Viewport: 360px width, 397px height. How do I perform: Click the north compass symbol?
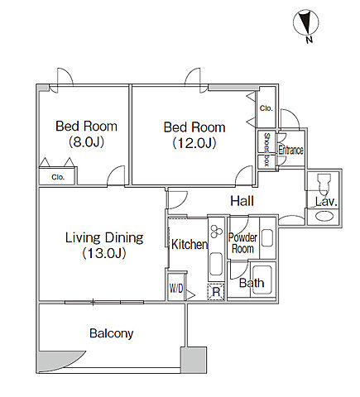[305, 22]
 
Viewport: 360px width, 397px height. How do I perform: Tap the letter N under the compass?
[310, 40]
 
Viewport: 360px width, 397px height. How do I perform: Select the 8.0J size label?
[86, 142]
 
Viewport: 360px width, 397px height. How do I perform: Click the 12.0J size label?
[194, 143]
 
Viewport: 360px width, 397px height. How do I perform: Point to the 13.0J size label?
[104, 253]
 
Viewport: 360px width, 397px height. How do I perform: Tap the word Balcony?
[112, 333]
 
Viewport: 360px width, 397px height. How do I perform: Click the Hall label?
[242, 201]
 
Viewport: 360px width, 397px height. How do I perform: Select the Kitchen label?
[190, 244]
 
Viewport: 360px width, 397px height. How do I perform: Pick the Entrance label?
[290, 151]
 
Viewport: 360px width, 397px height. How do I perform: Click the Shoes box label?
[266, 150]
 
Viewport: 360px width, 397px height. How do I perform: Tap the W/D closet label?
[176, 289]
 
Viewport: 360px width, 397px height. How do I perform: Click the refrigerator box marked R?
[216, 292]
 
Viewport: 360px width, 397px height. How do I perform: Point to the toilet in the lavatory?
[323, 184]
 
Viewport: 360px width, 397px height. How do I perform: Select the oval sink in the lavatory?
[324, 216]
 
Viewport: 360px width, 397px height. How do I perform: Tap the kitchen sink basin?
[216, 264]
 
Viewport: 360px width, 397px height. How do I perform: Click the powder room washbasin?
[267, 237]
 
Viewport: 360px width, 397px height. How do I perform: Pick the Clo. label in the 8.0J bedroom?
[58, 177]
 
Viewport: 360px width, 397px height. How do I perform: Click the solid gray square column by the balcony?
[194, 360]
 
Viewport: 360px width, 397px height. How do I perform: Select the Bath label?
[252, 283]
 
